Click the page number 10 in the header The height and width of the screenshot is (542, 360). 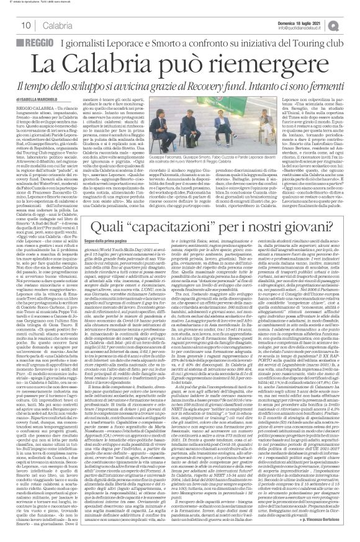tap(11, 24)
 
